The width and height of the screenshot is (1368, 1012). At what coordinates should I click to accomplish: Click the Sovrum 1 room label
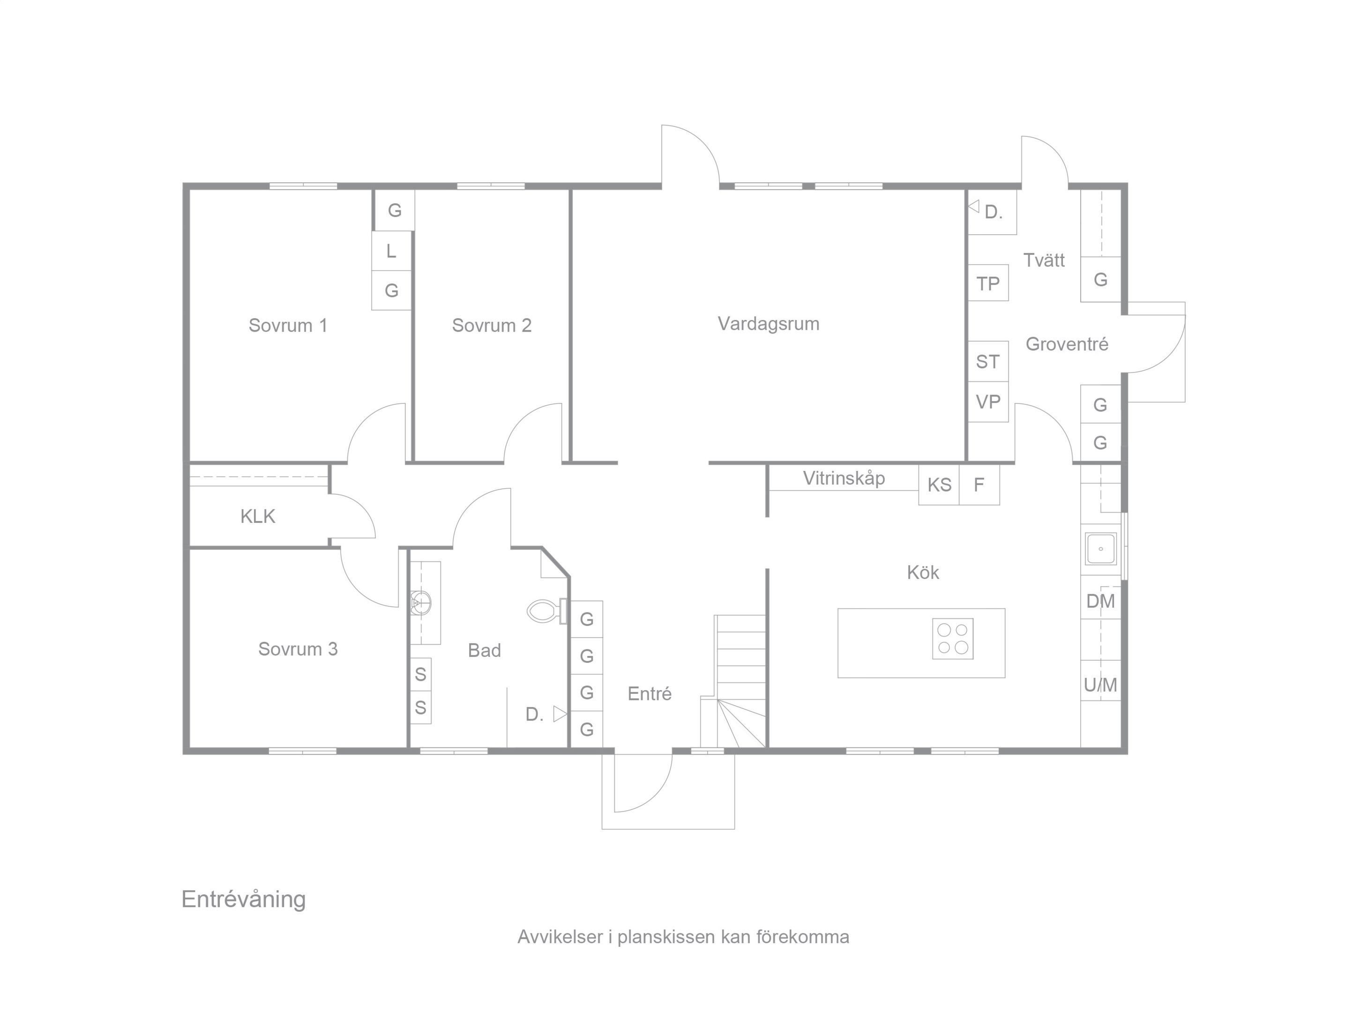point(288,325)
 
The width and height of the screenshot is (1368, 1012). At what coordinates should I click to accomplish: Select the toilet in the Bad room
point(547,611)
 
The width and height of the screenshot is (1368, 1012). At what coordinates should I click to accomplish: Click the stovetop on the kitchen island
point(953,639)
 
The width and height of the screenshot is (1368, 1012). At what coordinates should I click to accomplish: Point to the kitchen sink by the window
point(1101,548)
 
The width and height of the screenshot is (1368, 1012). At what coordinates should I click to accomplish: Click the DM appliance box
point(1100,602)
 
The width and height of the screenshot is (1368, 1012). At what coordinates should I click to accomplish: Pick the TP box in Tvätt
point(987,283)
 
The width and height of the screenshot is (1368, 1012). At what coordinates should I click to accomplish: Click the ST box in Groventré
point(987,361)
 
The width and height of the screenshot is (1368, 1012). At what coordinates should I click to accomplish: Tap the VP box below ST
point(987,402)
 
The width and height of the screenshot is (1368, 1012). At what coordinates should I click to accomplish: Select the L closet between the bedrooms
point(391,251)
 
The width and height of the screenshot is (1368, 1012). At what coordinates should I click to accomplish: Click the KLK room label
point(257,516)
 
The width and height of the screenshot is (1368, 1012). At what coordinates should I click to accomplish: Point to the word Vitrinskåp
point(844,478)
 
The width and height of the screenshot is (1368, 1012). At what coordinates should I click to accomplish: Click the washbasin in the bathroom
point(421,602)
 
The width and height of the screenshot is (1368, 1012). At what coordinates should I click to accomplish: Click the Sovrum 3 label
point(298,649)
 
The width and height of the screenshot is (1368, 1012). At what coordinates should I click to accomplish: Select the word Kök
point(923,572)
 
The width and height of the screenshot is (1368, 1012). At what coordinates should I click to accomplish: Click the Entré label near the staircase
point(650,693)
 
